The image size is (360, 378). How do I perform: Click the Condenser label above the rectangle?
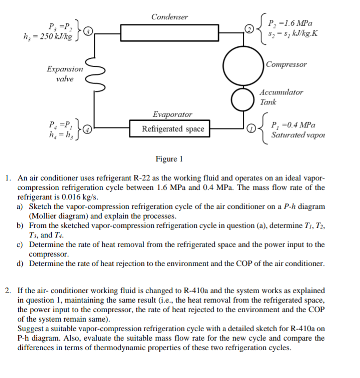[170, 17]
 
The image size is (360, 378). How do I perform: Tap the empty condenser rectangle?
[169, 33]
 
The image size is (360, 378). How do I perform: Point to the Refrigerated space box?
[173, 129]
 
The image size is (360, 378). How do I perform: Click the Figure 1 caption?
[169, 159]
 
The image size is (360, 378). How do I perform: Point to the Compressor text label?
[287, 65]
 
